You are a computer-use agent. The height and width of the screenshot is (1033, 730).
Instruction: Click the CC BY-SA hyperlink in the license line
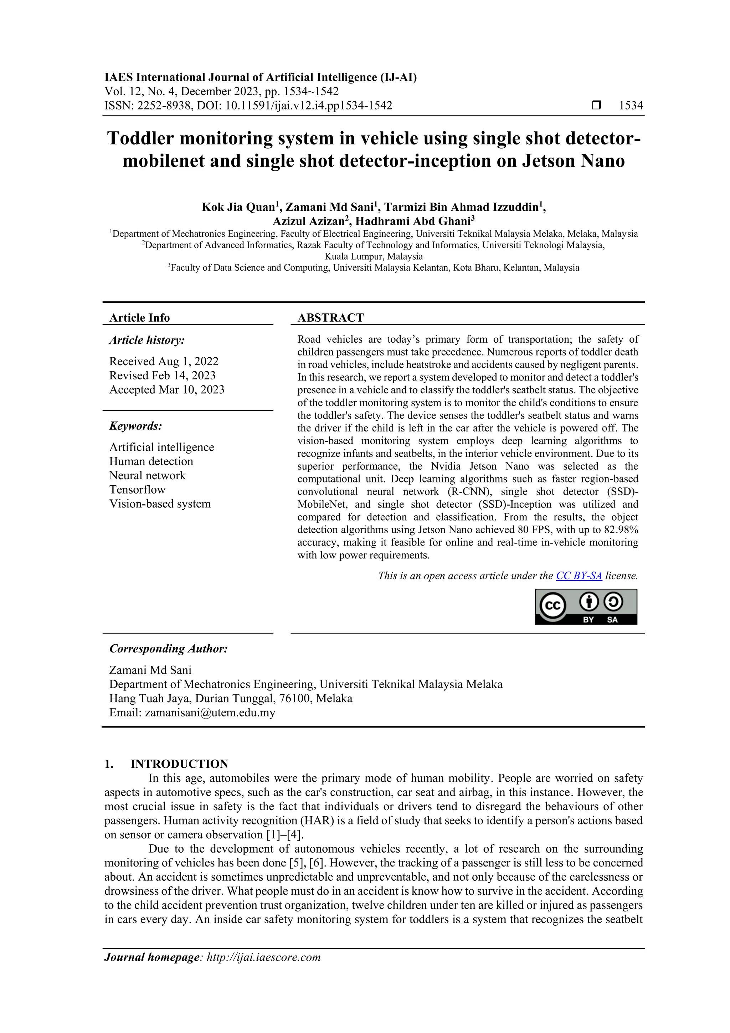[579, 576]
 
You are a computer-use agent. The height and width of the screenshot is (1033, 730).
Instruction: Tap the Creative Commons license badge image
[586, 607]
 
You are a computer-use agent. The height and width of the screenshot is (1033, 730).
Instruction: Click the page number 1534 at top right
[631, 106]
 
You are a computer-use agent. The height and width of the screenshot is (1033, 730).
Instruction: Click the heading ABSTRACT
[330, 318]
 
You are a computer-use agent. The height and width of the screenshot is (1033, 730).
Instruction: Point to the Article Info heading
[139, 318]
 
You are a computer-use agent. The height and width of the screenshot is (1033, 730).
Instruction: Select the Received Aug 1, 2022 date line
[164, 361]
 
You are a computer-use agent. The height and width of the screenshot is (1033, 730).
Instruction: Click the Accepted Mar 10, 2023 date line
[166, 390]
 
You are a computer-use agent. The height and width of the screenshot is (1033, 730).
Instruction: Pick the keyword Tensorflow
[137, 490]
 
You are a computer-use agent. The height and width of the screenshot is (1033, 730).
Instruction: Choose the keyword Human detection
[151, 461]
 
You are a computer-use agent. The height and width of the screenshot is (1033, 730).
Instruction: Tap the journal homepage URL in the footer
[263, 957]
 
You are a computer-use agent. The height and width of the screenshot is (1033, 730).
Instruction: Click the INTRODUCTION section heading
[179, 764]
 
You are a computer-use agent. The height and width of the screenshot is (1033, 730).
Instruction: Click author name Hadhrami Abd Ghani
[412, 221]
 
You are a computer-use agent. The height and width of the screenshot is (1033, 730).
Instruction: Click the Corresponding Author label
[169, 648]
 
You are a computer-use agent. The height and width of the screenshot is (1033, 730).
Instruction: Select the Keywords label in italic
[135, 426]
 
